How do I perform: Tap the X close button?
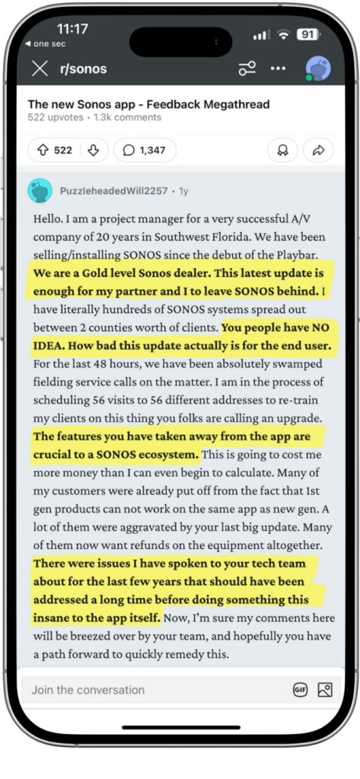40,69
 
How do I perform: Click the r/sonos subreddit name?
83,69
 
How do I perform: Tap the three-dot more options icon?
279,69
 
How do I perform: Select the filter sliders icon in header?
247,69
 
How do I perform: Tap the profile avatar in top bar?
317,69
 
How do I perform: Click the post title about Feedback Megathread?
148,104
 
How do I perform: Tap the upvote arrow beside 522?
42,151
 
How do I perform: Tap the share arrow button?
319,151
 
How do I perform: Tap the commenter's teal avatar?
40,190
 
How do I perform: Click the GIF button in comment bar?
301,690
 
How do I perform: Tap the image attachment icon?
325,690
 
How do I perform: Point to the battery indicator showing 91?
307,34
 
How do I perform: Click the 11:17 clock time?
72,29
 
